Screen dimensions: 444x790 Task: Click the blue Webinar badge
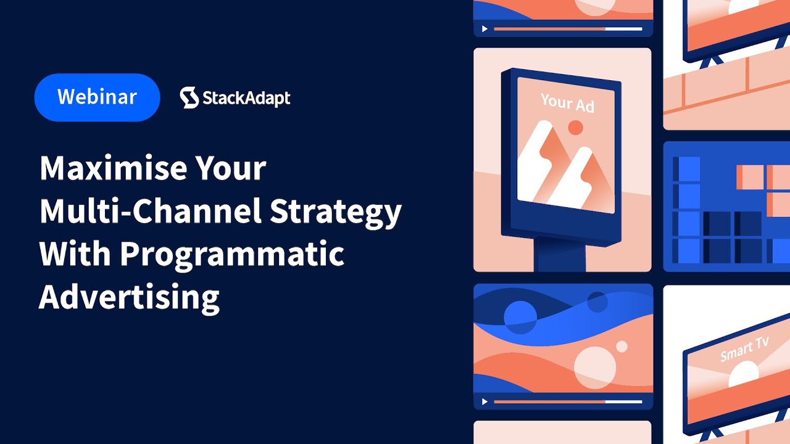[x=97, y=97]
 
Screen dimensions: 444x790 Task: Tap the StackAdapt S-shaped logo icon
[x=189, y=97]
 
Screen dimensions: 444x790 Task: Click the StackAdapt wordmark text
[x=246, y=98]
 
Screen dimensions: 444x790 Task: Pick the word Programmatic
[x=231, y=253]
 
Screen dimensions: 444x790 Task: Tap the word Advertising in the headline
[x=129, y=297]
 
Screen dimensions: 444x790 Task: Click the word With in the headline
[x=73, y=253]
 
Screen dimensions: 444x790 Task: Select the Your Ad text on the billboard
[x=567, y=103]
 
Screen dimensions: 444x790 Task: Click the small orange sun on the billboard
[x=575, y=128]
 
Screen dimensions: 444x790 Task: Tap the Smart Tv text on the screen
[x=744, y=350]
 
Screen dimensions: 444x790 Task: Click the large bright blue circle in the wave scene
[x=520, y=317]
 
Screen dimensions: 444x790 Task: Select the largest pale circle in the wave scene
[x=595, y=367]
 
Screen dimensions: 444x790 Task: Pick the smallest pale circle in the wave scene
[x=622, y=347]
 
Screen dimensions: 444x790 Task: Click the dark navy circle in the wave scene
[x=597, y=302]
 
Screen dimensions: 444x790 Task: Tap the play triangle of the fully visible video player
[x=484, y=401]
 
